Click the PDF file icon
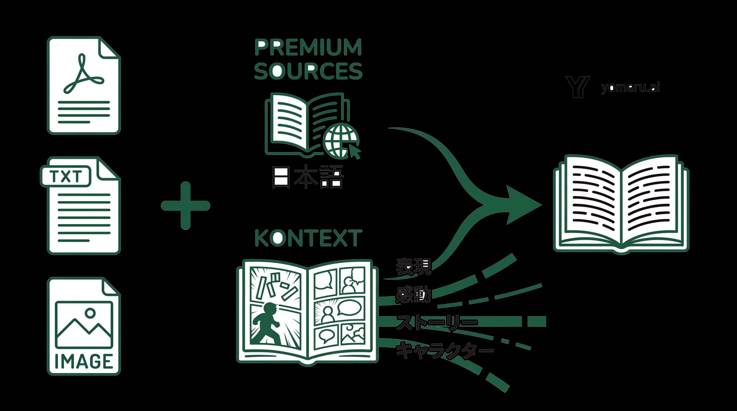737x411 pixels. (x=83, y=86)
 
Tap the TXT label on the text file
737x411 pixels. (x=66, y=176)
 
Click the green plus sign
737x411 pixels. (x=185, y=206)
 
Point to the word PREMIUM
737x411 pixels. (x=308, y=47)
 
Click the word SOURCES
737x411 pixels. (x=308, y=71)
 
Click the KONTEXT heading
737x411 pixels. (x=308, y=238)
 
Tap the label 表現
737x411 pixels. (x=413, y=266)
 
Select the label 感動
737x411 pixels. (x=413, y=294)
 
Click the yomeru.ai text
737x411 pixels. (x=630, y=87)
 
